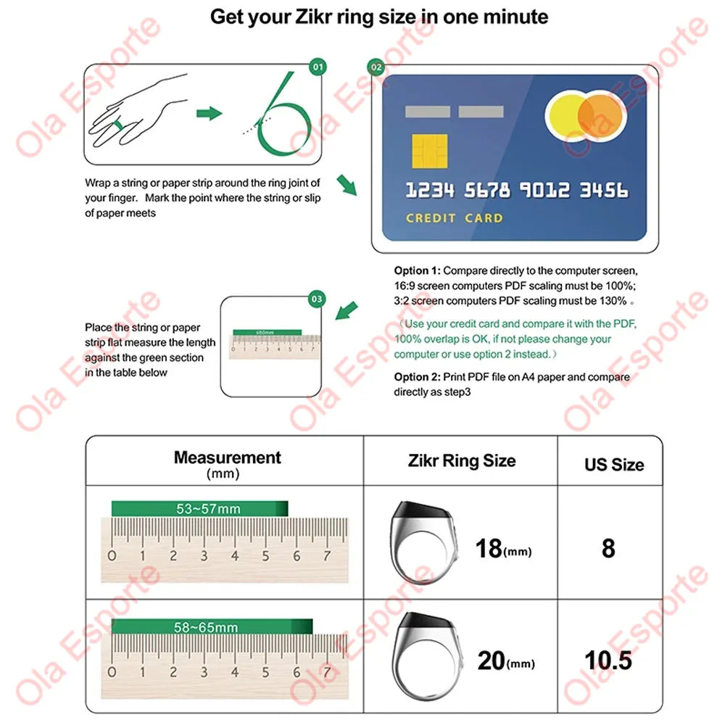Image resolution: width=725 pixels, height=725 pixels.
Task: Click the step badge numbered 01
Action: pyautogui.click(x=318, y=67)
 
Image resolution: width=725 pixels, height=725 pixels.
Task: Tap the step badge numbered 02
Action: pyautogui.click(x=376, y=67)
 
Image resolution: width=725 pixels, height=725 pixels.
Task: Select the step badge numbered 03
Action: pyautogui.click(x=317, y=299)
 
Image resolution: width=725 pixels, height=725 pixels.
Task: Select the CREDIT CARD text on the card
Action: pyautogui.click(x=454, y=217)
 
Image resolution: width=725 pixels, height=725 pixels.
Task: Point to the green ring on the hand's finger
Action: pyautogui.click(x=117, y=126)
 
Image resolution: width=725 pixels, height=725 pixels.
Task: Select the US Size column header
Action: pyautogui.click(x=613, y=465)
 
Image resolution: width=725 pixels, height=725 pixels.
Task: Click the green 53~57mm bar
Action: pyautogui.click(x=199, y=509)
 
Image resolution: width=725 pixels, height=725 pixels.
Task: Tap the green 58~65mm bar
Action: pyautogui.click(x=212, y=627)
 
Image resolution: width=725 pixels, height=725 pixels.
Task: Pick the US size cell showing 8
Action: pyautogui.click(x=608, y=548)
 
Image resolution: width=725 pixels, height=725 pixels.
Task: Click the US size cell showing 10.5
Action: pyautogui.click(x=608, y=660)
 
